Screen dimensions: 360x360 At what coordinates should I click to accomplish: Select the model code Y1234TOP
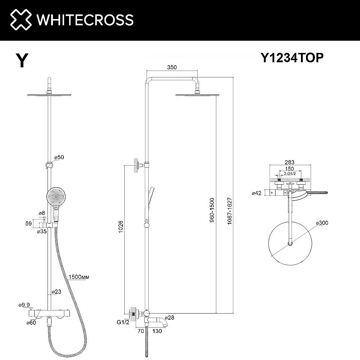click(x=292, y=58)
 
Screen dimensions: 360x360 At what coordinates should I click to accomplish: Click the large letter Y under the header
click(x=22, y=60)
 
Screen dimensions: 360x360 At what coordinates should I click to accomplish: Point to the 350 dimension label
click(x=172, y=67)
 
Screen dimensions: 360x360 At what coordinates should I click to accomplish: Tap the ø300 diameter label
click(x=322, y=223)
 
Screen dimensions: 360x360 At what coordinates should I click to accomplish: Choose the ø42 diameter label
click(x=257, y=193)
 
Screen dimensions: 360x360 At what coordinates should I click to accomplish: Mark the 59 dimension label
click(x=28, y=223)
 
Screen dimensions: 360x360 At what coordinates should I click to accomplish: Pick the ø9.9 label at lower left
click(x=24, y=305)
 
